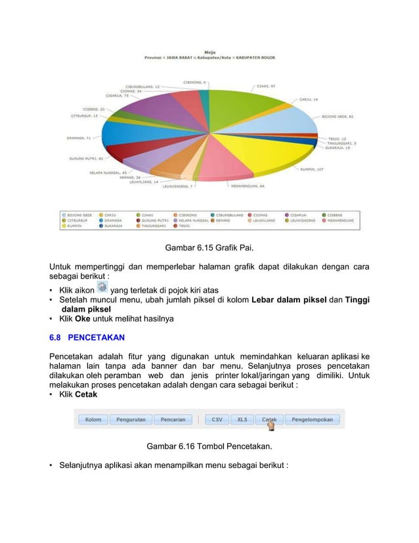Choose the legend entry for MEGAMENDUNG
342,220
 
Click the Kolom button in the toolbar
93,419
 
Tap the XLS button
242,419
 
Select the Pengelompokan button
312,419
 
